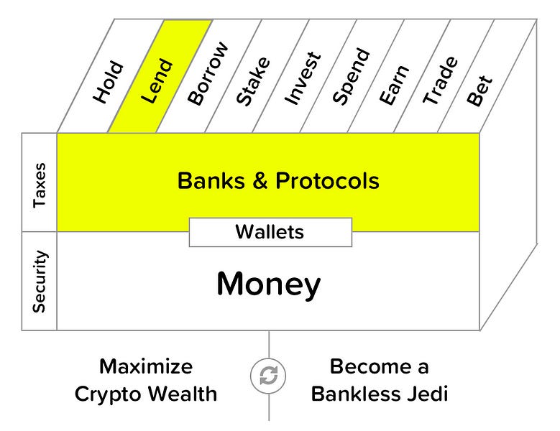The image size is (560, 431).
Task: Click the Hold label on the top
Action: point(109,84)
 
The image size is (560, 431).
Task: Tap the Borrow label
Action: point(207,75)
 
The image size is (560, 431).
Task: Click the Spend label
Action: point(352,76)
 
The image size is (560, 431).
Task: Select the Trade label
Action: point(440,80)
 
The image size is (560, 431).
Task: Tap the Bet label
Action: point(479,91)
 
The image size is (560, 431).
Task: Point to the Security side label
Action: point(40,281)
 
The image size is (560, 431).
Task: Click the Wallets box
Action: point(270,232)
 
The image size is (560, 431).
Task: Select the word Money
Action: point(268,284)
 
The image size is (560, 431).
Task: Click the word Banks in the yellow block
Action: point(208,181)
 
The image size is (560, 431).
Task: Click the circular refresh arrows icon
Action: point(269,376)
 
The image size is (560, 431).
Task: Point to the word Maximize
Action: point(146,367)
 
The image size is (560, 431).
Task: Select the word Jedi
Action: point(426,394)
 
